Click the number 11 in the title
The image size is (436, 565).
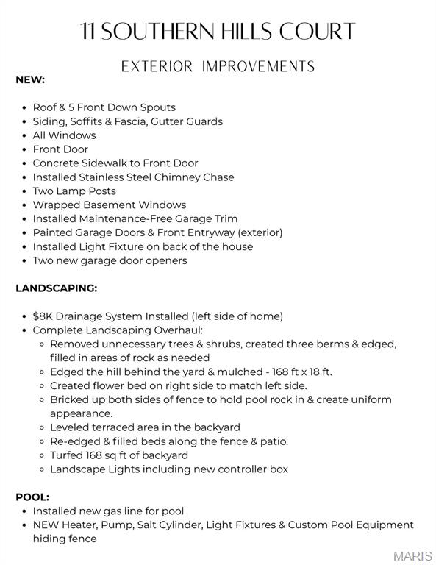89,32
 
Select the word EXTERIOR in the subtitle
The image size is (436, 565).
156,67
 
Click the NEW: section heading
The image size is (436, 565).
30,79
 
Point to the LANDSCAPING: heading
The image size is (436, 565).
56,288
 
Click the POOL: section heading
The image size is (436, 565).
32,497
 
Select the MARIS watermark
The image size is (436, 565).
413,556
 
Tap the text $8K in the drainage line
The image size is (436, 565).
43,316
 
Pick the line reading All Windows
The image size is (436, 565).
64,135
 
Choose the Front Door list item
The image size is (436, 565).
60,149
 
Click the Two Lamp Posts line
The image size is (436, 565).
74,191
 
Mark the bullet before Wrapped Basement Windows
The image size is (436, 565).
26,205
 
